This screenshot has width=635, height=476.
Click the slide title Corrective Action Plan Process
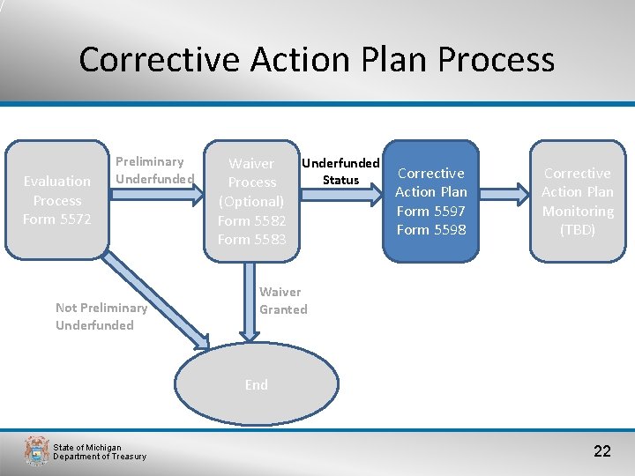(317, 60)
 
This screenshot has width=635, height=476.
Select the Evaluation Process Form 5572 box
(57, 200)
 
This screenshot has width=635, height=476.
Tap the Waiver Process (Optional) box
(252, 201)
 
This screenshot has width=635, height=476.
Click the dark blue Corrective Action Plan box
(431, 201)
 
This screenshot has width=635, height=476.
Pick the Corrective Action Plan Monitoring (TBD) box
(578, 201)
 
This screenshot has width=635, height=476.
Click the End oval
(256, 384)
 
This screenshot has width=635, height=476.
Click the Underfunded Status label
(340, 171)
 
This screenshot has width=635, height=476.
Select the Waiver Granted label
(283, 301)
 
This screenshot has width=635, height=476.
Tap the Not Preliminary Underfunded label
(101, 316)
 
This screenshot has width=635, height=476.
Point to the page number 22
(601, 451)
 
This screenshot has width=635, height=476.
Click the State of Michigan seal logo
(36, 450)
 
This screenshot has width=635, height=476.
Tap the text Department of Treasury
(100, 457)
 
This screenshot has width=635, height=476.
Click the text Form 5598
(431, 230)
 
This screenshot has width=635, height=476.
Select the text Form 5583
(252, 240)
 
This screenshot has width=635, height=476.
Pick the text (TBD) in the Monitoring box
(578, 230)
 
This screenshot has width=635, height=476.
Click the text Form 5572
(57, 219)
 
